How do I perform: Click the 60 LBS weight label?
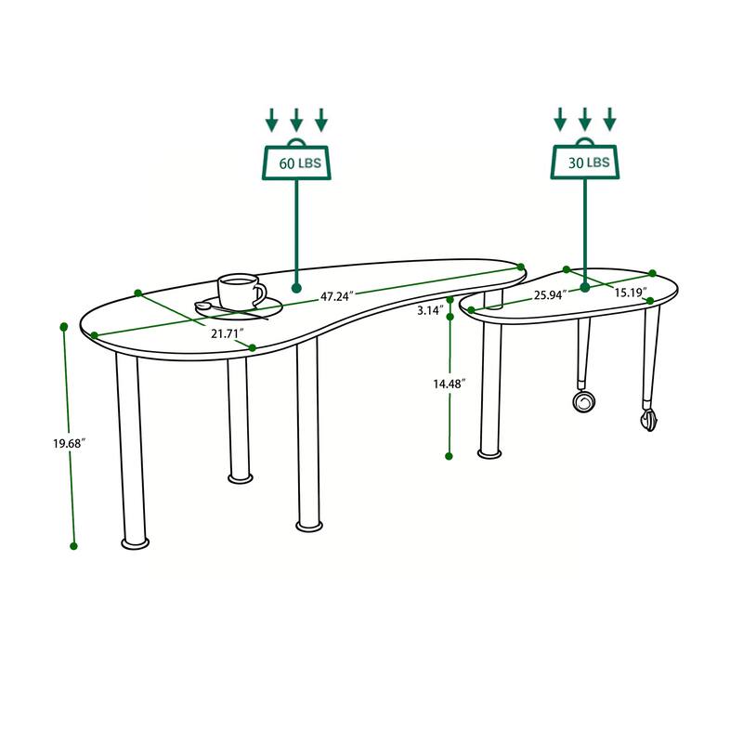click(298, 162)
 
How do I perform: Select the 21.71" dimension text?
click(227, 332)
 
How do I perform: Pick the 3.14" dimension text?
click(429, 310)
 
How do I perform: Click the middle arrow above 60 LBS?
click(296, 120)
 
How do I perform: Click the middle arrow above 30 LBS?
click(585, 120)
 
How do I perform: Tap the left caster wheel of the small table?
click(584, 401)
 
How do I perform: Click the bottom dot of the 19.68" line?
click(74, 546)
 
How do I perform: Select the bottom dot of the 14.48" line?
click(450, 456)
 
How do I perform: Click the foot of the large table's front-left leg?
click(136, 540)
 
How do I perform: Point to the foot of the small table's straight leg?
click(489, 453)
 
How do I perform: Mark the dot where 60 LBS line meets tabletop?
click(296, 288)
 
